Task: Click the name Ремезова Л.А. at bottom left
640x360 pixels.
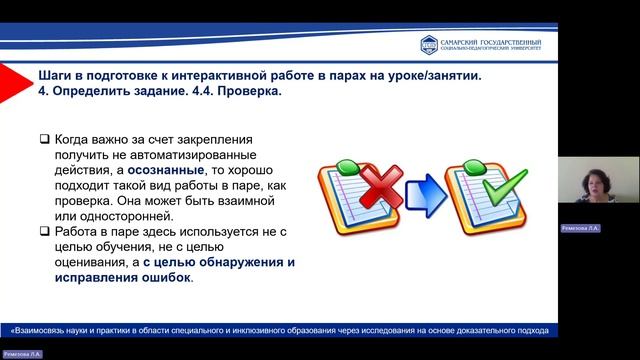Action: (x=23, y=354)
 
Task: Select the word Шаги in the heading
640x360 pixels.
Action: (x=56, y=75)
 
